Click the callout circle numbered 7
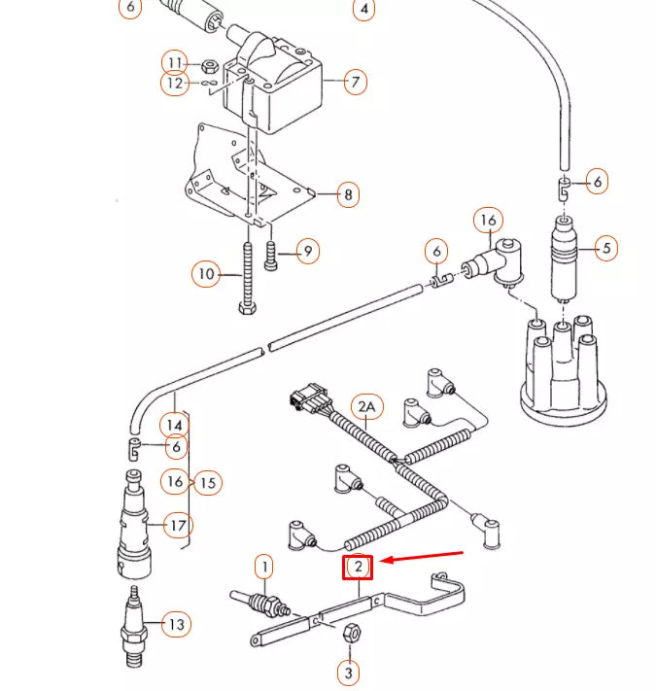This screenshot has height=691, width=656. pyautogui.click(x=356, y=81)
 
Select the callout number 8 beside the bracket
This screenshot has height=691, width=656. pyautogui.click(x=348, y=195)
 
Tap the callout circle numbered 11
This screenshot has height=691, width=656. pyautogui.click(x=174, y=64)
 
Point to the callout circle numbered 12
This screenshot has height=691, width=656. pyautogui.click(x=174, y=84)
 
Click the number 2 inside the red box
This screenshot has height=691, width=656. pyautogui.click(x=359, y=567)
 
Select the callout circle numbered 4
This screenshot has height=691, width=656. pyautogui.click(x=363, y=10)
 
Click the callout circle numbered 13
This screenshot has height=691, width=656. pyautogui.click(x=175, y=623)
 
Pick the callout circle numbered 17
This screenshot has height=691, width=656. pyautogui.click(x=178, y=527)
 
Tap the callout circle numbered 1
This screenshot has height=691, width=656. pyautogui.click(x=263, y=566)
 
